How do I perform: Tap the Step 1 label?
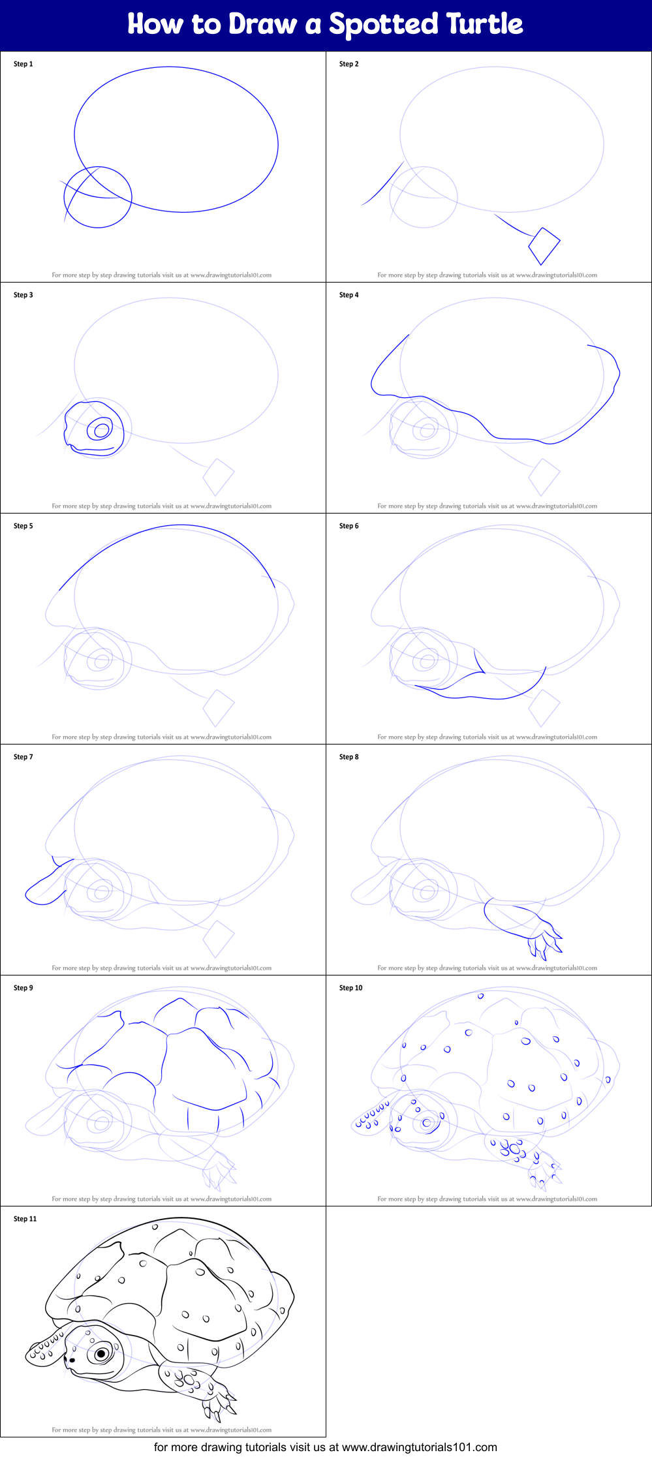click(23, 64)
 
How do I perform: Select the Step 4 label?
click(349, 295)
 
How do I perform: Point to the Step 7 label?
click(23, 757)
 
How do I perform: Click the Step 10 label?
click(350, 988)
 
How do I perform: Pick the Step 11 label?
click(25, 1219)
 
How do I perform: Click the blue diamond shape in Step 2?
click(544, 245)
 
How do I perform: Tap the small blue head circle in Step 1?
click(98, 197)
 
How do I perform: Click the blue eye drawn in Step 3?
click(101, 430)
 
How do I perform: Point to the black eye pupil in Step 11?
click(101, 1354)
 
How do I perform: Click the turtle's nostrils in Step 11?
click(71, 1360)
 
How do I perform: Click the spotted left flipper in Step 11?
click(44, 1350)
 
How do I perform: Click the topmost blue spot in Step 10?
click(480, 996)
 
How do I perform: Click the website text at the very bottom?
click(325, 1447)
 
